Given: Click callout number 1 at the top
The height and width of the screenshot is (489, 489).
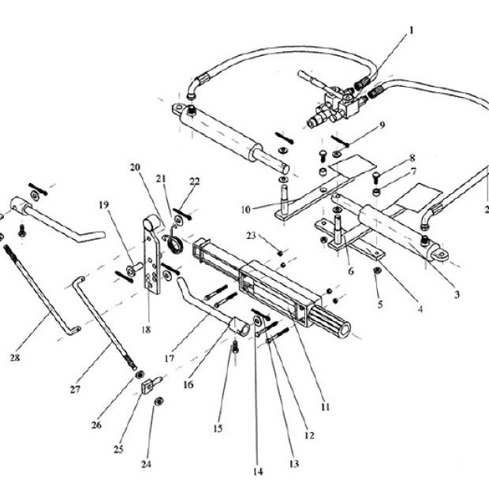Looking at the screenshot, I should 411,31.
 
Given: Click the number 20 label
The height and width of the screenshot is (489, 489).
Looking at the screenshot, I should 135,167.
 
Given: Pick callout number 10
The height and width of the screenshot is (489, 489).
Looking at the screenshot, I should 245,209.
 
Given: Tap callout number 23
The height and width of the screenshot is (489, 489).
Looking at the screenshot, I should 251,235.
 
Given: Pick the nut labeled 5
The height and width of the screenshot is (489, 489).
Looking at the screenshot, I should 377,271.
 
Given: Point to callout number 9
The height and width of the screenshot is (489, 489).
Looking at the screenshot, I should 382,125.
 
